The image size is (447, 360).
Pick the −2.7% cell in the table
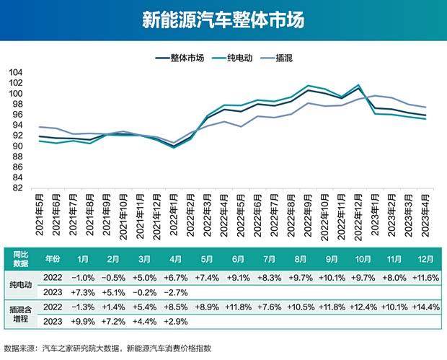(x=176, y=292)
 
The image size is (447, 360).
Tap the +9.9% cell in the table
(x=83, y=321)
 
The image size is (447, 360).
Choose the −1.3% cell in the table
(x=83, y=307)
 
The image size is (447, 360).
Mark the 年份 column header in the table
(x=53, y=258)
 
